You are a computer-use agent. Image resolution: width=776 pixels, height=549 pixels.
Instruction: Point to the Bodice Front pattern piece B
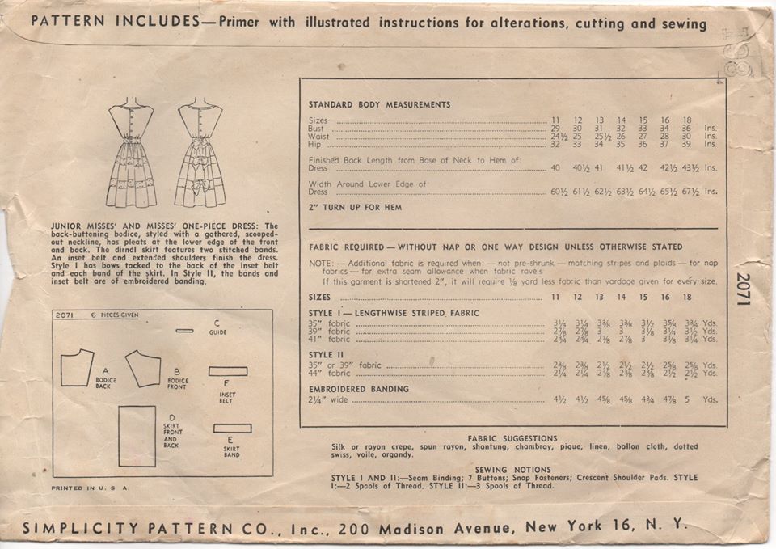pyautogui.click(x=142, y=367)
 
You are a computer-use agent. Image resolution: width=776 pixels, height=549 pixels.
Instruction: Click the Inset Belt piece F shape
pyautogui.click(x=227, y=371)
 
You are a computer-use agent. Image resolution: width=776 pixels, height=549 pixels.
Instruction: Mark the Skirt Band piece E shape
pyautogui.click(x=232, y=429)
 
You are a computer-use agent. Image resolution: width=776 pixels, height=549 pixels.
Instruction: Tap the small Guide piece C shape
pyautogui.click(x=185, y=331)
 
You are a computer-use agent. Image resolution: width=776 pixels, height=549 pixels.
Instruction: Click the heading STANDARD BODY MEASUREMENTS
pyautogui.click(x=379, y=104)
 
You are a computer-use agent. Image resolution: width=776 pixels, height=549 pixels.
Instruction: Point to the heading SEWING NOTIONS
pyautogui.click(x=512, y=469)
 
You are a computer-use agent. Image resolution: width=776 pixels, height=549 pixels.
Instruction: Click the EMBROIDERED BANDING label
pyautogui.click(x=358, y=389)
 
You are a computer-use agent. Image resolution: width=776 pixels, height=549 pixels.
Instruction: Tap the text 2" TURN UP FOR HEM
pyautogui.click(x=355, y=208)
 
